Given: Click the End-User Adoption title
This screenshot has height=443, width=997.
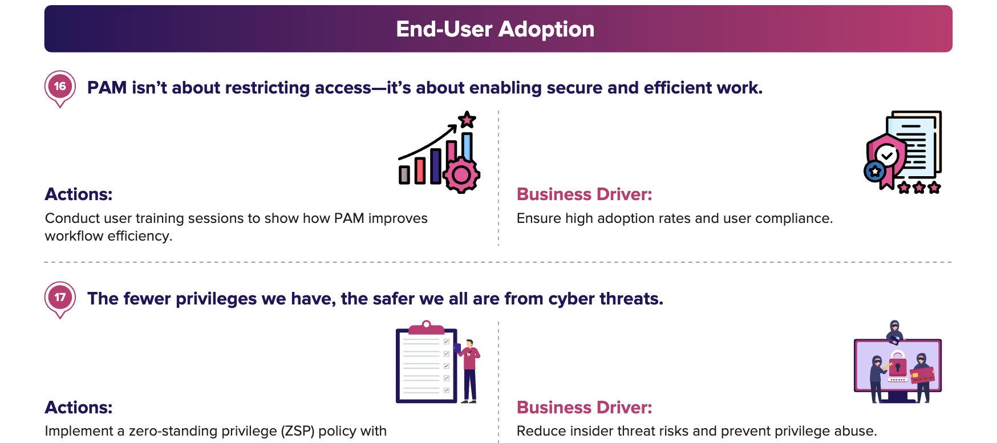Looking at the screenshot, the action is click(495, 29).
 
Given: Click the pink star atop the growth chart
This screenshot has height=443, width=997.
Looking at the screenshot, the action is click(467, 120).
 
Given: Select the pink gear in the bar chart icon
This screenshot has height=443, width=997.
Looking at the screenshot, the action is click(461, 174).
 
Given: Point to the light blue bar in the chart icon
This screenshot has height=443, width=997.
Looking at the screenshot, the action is click(467, 146).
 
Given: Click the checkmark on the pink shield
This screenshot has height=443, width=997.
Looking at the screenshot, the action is click(887, 155).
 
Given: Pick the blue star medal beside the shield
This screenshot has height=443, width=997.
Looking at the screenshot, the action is click(875, 171).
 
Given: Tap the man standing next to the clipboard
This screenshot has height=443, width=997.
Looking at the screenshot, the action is click(469, 371).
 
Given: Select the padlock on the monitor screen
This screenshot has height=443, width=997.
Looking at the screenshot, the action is click(898, 364).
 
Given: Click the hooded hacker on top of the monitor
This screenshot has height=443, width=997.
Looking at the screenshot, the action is click(894, 332).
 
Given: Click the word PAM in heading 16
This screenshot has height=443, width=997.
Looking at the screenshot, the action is click(107, 88).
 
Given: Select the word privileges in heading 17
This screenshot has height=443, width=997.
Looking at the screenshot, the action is click(216, 299).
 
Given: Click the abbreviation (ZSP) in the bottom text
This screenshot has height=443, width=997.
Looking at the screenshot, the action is click(298, 431).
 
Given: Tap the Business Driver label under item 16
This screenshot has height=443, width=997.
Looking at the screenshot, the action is click(584, 194).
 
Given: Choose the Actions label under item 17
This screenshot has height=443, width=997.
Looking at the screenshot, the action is click(79, 408).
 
